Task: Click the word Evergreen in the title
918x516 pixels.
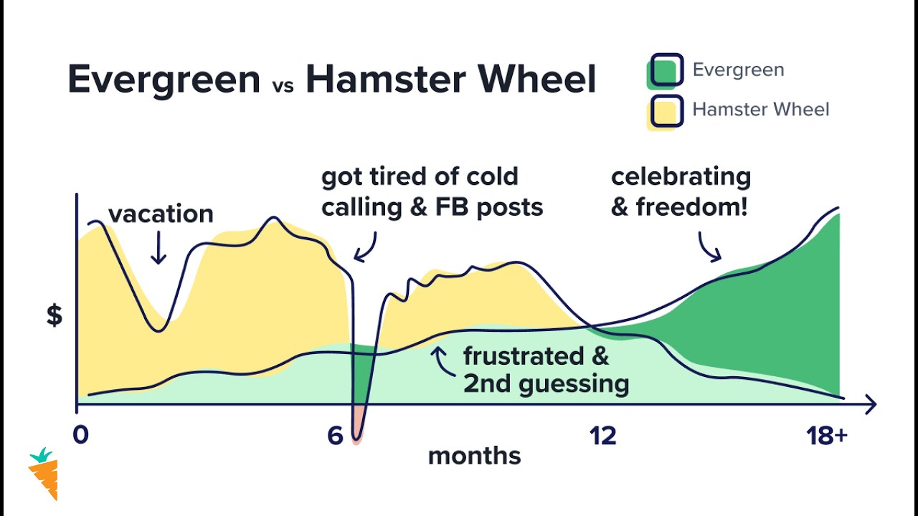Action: [164, 80]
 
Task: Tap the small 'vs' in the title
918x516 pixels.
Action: [283, 85]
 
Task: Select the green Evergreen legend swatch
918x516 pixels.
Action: [665, 72]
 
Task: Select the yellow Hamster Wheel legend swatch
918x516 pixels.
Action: [665, 112]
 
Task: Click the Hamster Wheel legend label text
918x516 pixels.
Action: [760, 110]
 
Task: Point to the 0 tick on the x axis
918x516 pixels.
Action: [81, 436]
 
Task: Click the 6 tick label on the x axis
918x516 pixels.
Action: [335, 436]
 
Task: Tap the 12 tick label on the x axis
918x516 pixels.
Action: [602, 436]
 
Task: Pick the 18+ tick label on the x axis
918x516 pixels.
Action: [827, 436]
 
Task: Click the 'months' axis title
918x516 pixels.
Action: [474, 456]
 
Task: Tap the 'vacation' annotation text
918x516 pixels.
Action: [161, 214]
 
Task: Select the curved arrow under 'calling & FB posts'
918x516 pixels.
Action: [366, 247]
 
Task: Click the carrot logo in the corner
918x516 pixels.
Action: [44, 474]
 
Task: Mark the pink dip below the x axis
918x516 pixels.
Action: [356, 426]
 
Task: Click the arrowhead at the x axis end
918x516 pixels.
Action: [870, 404]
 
